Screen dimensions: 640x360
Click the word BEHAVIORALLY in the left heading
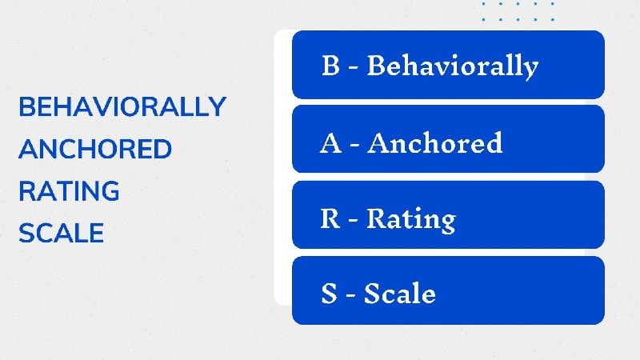click(x=122, y=106)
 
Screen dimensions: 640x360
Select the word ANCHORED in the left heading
click(x=95, y=149)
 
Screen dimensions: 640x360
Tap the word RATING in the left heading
click(x=69, y=190)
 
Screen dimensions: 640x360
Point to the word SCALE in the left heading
click(x=62, y=233)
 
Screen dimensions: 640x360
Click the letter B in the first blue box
click(x=330, y=65)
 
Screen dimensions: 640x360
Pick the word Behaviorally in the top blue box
click(x=453, y=66)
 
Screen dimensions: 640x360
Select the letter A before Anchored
click(x=330, y=143)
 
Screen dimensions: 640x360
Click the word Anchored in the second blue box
click(x=434, y=142)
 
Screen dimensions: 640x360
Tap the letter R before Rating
click(x=330, y=218)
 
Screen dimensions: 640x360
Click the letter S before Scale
click(x=330, y=293)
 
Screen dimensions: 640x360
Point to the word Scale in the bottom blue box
click(x=399, y=293)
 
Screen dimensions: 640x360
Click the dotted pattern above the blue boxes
click(x=518, y=11)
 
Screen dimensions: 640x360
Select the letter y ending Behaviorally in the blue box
click(x=530, y=70)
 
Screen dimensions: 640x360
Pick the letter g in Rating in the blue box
click(x=448, y=223)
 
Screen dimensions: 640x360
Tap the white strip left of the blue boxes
click(x=283, y=167)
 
